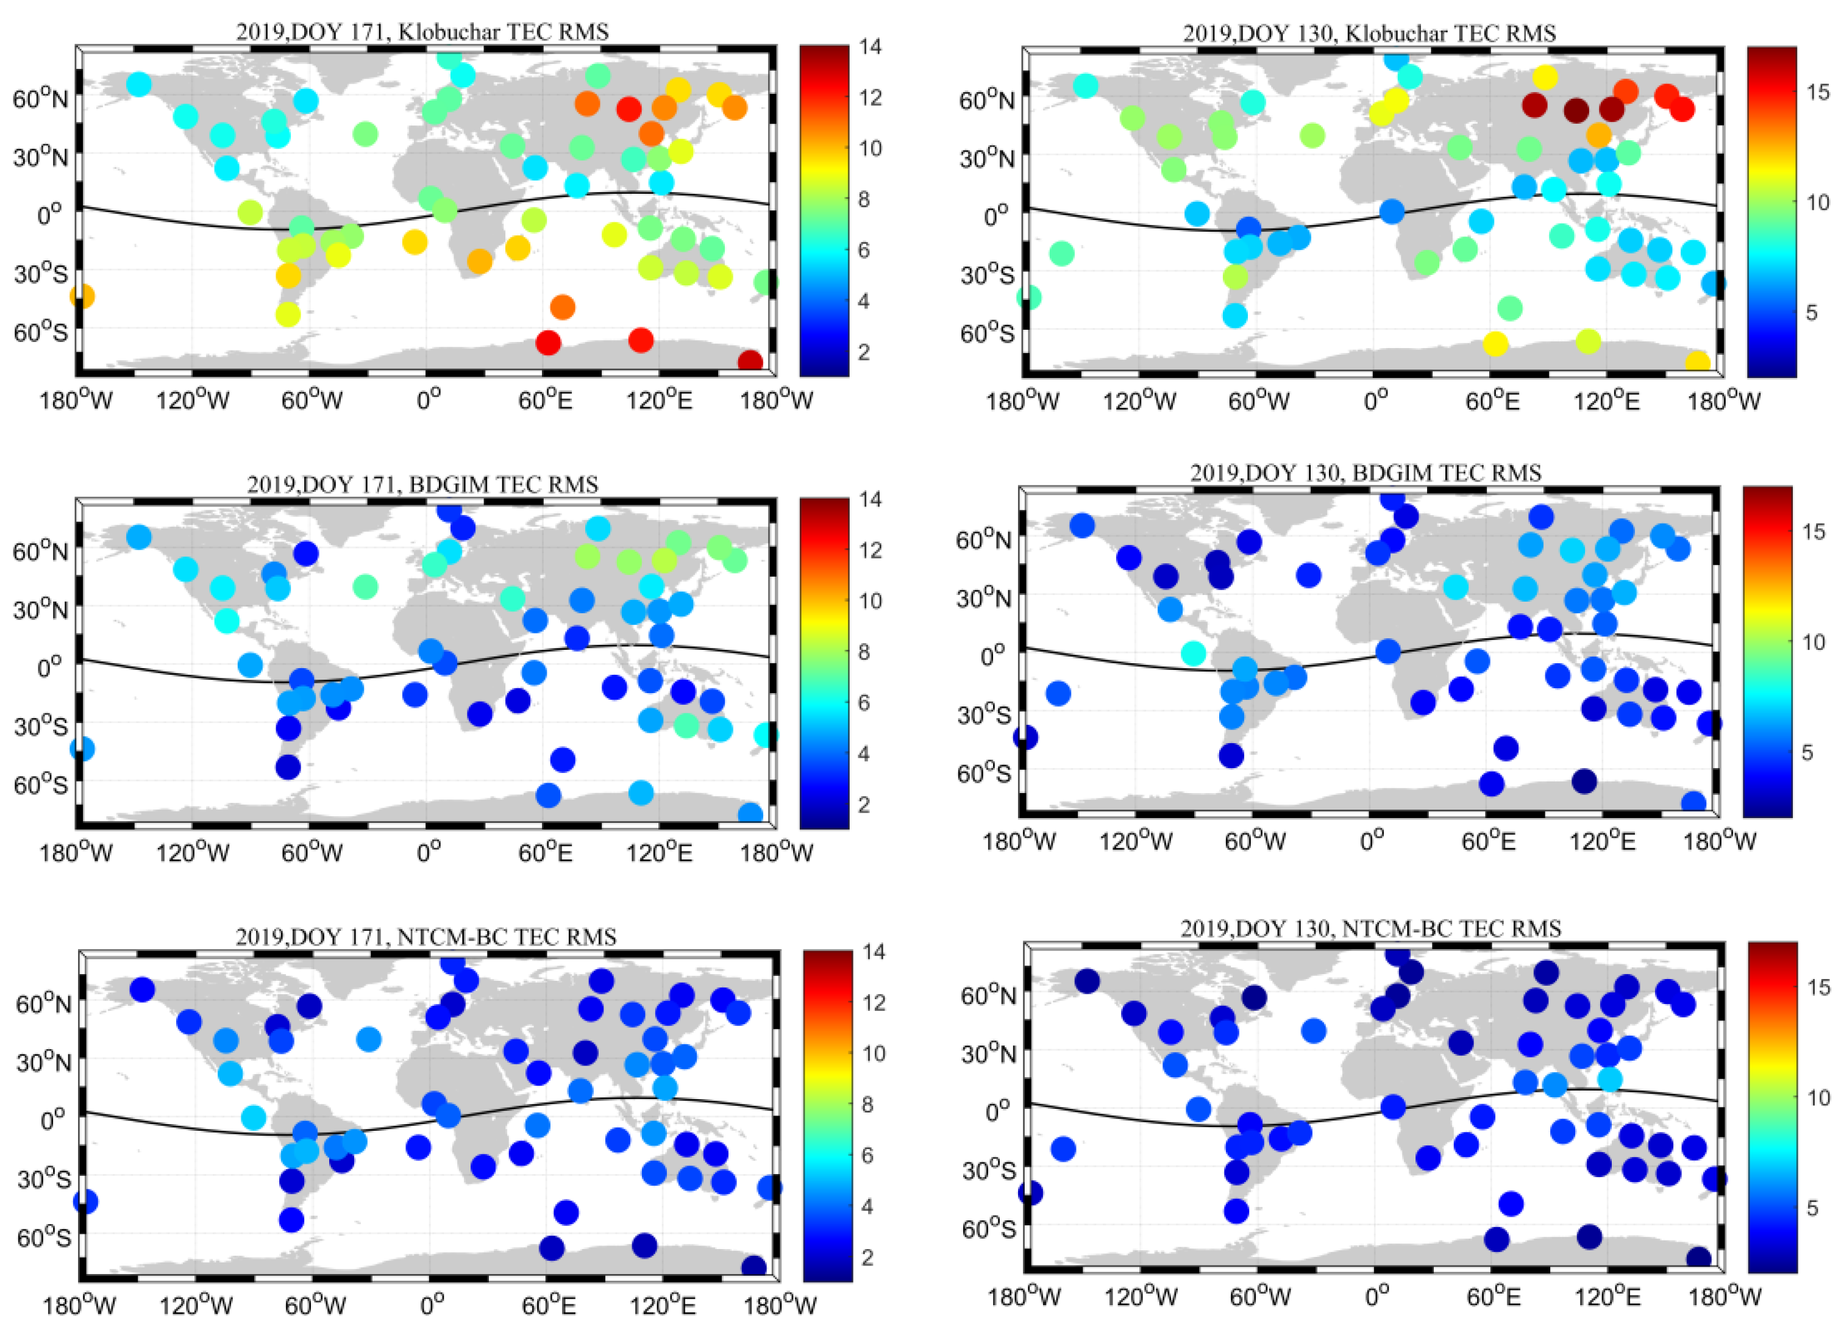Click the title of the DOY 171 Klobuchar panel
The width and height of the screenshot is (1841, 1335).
click(422, 32)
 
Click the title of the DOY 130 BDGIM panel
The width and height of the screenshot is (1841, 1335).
click(1366, 472)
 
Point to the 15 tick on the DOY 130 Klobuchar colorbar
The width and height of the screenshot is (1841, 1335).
click(1818, 91)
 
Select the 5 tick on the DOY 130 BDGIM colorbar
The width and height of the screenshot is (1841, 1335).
click(1807, 752)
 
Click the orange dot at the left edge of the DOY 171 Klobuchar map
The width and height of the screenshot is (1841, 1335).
click(82, 296)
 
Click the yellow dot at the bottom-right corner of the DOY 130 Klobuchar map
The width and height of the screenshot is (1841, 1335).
click(1697, 363)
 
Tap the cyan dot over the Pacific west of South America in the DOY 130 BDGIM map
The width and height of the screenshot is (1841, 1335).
click(1192, 652)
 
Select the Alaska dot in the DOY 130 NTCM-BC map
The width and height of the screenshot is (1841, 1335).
click(1087, 981)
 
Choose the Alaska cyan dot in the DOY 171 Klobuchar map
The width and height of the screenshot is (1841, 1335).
click(139, 84)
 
